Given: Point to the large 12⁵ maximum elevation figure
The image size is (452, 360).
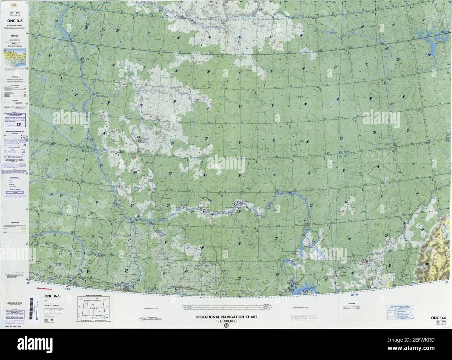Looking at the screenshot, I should [14, 123].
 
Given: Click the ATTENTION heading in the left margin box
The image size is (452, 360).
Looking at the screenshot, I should [14, 113].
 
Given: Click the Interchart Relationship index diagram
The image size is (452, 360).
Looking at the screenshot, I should [93, 308].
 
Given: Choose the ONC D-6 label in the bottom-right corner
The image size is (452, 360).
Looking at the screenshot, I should [438, 318].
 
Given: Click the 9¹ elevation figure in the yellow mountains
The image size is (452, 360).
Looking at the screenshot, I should [428, 264].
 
